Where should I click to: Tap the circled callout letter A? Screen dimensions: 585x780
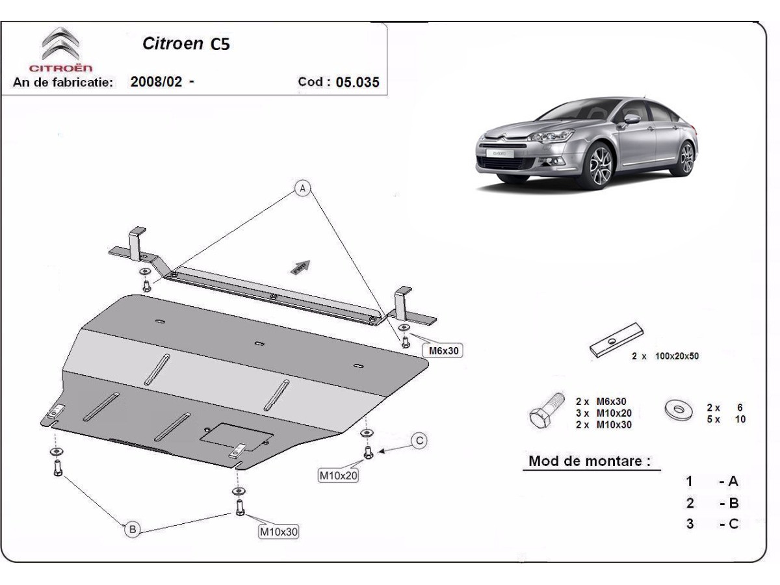tap(302, 188)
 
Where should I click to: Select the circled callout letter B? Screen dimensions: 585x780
tap(132, 530)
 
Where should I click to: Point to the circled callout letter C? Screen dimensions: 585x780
tap(420, 441)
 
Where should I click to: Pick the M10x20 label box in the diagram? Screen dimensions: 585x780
tap(338, 476)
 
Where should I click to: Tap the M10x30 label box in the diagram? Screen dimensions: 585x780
tap(279, 532)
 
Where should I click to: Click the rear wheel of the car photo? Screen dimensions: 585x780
tap(686, 157)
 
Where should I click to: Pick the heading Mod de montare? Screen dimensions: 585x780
tap(590, 461)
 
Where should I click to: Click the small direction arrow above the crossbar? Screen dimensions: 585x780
tap(300, 266)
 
